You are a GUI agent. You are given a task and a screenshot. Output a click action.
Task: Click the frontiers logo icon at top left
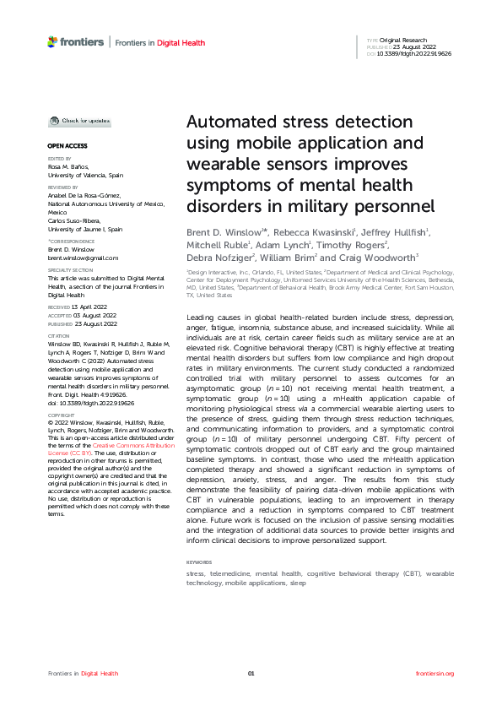tap(53, 41)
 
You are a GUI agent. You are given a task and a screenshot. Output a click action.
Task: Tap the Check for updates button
tap(79, 122)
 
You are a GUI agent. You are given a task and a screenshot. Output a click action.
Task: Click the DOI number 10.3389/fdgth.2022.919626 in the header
tap(414, 52)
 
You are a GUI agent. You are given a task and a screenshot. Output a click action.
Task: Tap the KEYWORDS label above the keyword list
tap(199, 562)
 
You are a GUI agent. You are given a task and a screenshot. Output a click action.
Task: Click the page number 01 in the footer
tap(251, 673)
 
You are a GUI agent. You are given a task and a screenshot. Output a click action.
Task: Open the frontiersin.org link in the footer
tap(435, 673)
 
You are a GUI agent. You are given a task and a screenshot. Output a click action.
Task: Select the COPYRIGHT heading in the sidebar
tap(62, 415)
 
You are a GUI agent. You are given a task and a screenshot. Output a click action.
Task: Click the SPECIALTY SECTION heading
tap(69, 270)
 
